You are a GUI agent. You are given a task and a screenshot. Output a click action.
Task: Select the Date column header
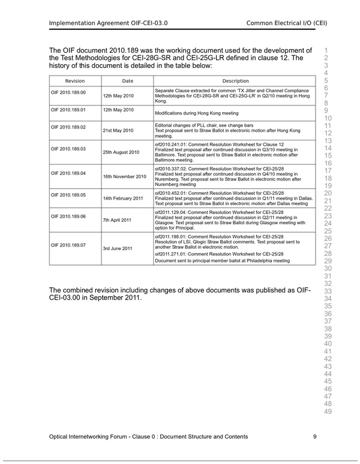pyautogui.click(x=127, y=81)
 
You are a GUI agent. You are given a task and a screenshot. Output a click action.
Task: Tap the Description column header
pyautogui.click(x=235, y=81)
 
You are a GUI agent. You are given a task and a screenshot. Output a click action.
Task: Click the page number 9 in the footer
pyautogui.click(x=314, y=436)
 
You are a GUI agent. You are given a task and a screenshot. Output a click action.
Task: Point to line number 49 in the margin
pyautogui.click(x=328, y=411)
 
